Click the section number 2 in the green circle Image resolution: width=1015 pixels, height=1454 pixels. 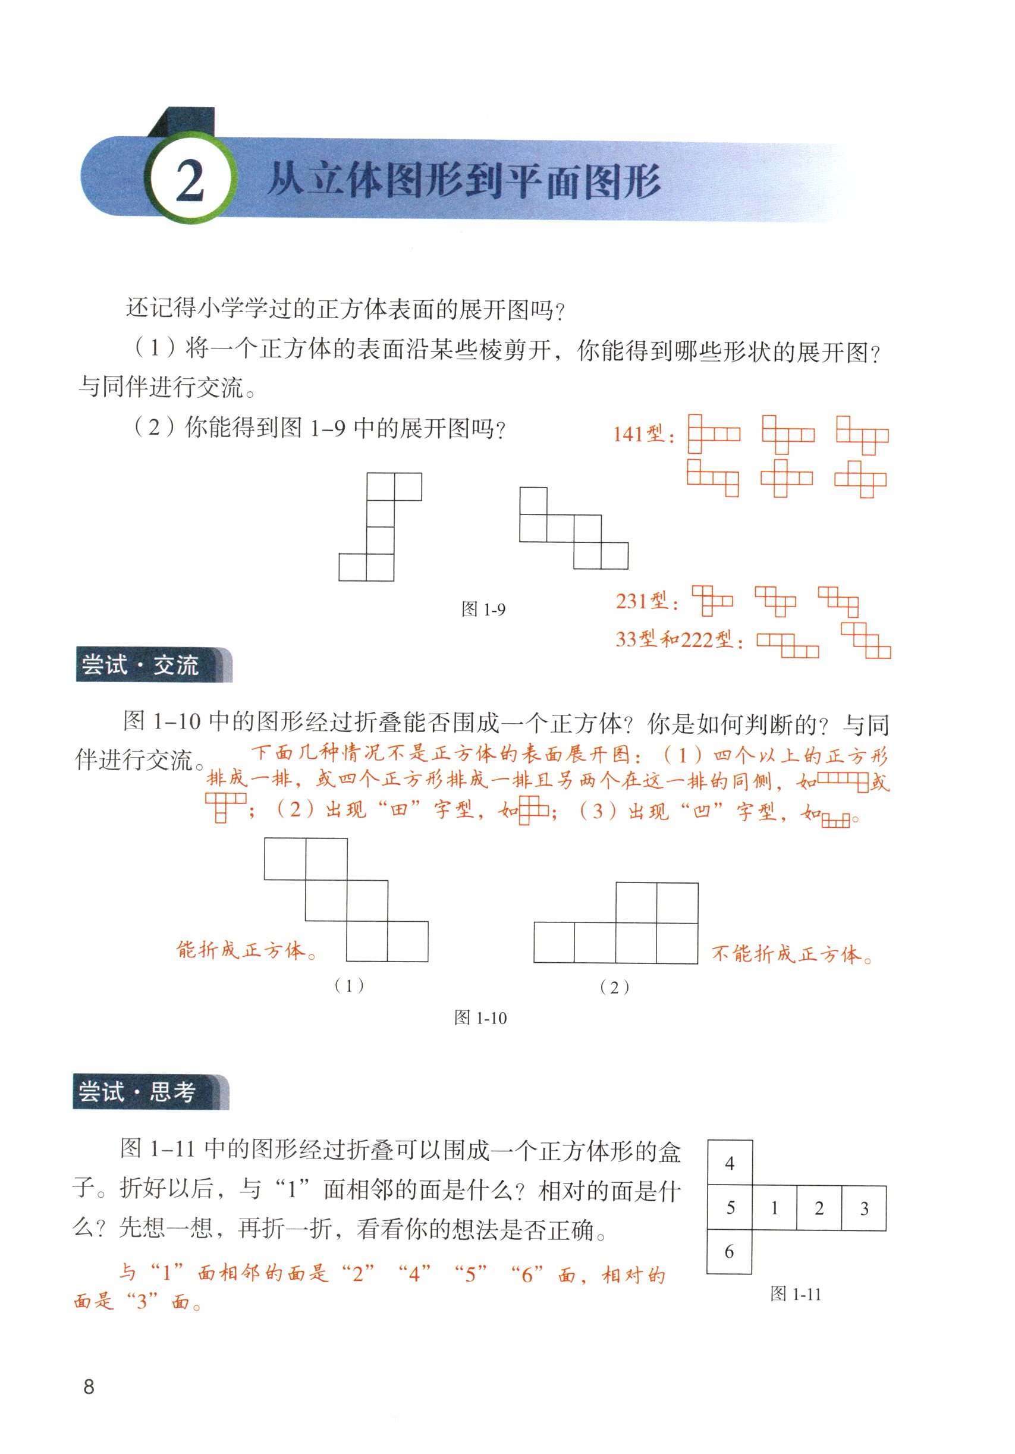click(189, 181)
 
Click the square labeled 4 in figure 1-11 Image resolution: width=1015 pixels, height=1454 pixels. click(730, 1163)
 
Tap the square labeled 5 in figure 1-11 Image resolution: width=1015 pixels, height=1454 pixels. click(730, 1208)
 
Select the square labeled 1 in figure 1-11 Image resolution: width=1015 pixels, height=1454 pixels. click(774, 1208)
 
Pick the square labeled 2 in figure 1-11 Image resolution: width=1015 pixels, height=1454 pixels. click(819, 1208)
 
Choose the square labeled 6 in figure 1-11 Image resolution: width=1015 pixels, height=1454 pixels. click(729, 1251)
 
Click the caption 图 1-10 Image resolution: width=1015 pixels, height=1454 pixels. click(480, 1018)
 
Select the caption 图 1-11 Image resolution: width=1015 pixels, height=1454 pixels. click(795, 1294)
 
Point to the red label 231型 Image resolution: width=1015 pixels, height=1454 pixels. click(646, 601)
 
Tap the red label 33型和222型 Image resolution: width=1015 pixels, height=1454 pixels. click(678, 640)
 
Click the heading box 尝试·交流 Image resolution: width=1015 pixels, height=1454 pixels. click(152, 665)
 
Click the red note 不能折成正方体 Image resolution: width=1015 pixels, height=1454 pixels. click(791, 954)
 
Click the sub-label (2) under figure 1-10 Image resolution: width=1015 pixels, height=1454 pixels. click(614, 987)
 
